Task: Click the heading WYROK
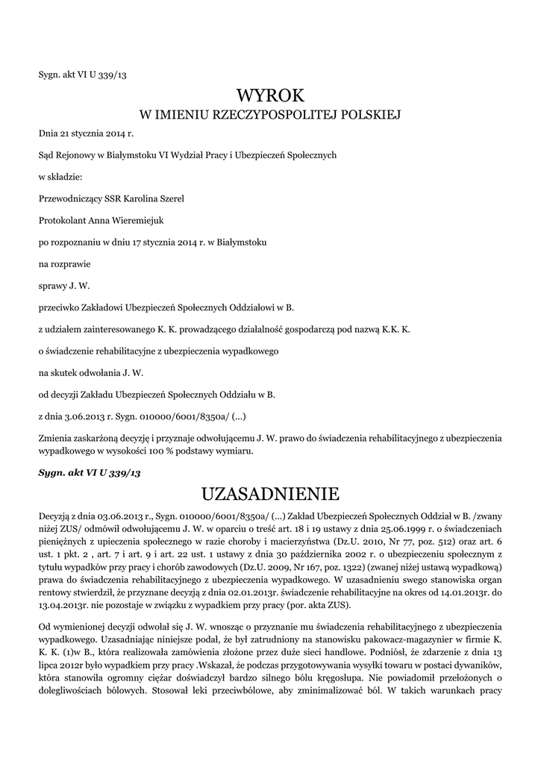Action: pyautogui.click(x=270, y=95)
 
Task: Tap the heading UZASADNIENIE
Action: pyautogui.click(x=270, y=494)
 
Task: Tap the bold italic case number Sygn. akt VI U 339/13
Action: pyautogui.click(x=90, y=473)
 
